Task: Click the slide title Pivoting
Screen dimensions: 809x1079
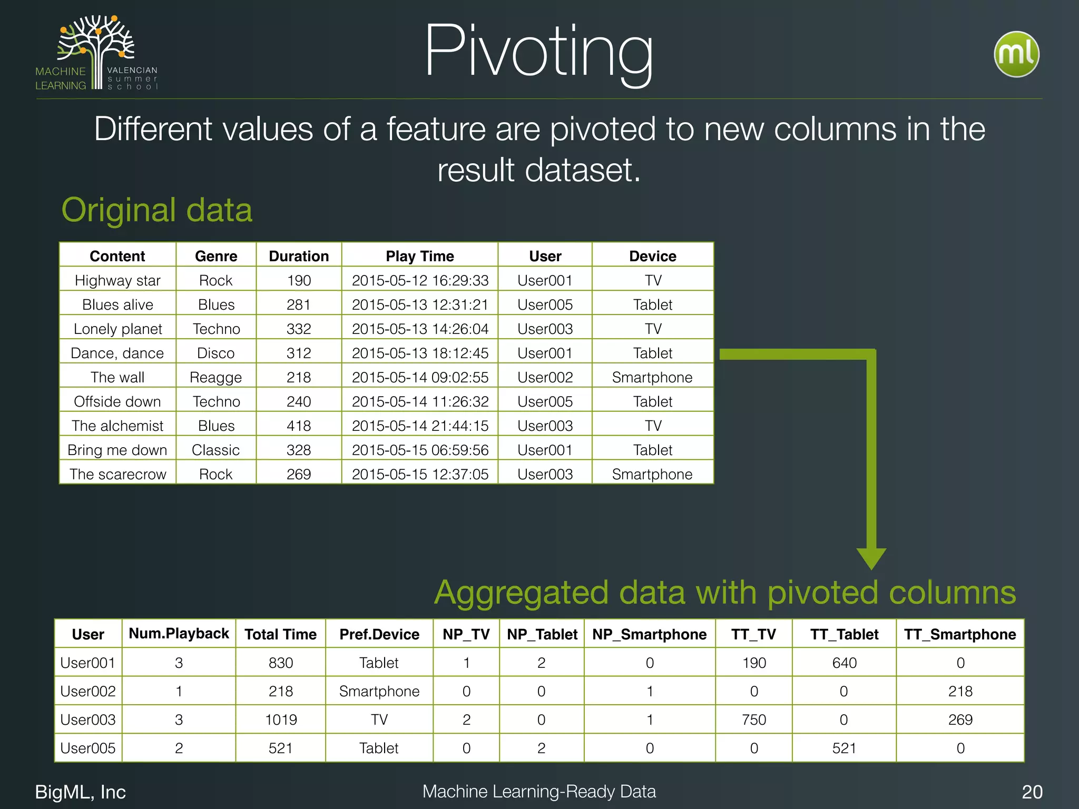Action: pyautogui.click(x=538, y=53)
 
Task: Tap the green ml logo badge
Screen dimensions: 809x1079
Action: pyautogui.click(x=1016, y=54)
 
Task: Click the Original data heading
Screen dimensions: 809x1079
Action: pyautogui.click(x=157, y=210)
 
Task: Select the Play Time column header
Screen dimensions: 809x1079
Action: pyautogui.click(x=419, y=256)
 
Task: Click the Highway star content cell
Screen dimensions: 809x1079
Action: pyautogui.click(x=117, y=280)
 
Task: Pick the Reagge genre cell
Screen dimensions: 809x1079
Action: pyautogui.click(x=215, y=377)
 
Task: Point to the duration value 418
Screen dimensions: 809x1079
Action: pyautogui.click(x=299, y=426)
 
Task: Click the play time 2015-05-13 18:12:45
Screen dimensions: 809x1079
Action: pyautogui.click(x=420, y=353)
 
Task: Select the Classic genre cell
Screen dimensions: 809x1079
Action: pyautogui.click(x=215, y=450)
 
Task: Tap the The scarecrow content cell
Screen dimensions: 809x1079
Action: pyautogui.click(x=117, y=474)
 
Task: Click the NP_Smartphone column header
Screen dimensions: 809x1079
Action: pyautogui.click(x=649, y=634)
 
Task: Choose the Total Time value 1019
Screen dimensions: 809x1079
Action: pyautogui.click(x=281, y=719)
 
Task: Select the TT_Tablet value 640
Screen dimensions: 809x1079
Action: pyautogui.click(x=844, y=663)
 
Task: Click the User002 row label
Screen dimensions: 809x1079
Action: pyautogui.click(x=88, y=691)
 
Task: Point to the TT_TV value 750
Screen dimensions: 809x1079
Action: pyautogui.click(x=753, y=719)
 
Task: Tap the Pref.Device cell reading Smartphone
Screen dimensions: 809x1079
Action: pyautogui.click(x=379, y=691)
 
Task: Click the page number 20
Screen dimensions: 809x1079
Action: pyautogui.click(x=1032, y=792)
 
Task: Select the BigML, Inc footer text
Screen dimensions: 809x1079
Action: pyautogui.click(x=80, y=792)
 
